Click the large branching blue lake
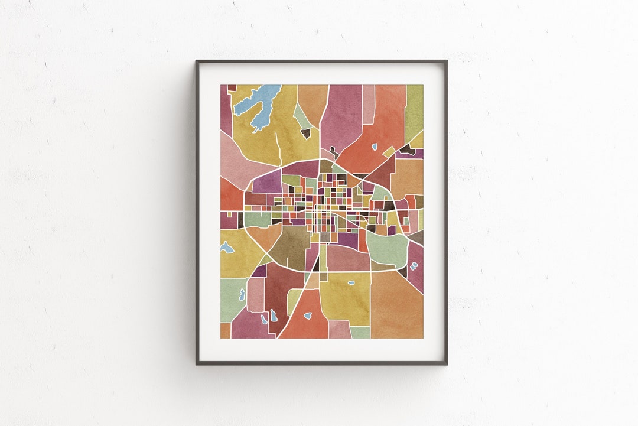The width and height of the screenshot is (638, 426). (x=259, y=104)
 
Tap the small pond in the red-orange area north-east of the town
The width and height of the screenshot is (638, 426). (x=375, y=147)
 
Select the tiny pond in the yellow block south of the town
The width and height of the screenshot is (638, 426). (x=351, y=282)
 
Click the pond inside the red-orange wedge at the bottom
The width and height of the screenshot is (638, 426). (x=308, y=316)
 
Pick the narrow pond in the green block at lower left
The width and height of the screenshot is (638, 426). (x=242, y=294)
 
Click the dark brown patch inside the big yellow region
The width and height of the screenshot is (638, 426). (x=305, y=134)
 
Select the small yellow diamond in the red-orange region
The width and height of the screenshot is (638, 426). (x=388, y=152)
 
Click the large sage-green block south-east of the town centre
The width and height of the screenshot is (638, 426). (x=387, y=246)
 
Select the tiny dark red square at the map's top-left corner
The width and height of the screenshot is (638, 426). (x=232, y=87)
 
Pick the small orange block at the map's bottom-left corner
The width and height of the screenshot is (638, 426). (x=225, y=330)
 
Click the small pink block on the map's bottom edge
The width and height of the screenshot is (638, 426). (x=340, y=330)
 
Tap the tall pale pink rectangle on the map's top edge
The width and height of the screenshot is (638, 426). (x=368, y=104)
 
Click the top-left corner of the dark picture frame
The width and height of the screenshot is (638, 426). (x=197, y=61)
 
